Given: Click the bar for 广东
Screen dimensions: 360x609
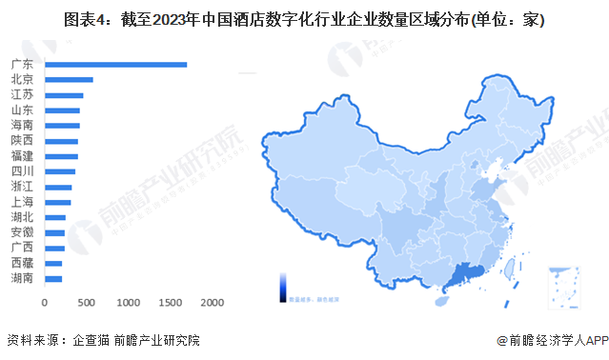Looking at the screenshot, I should tap(115, 65).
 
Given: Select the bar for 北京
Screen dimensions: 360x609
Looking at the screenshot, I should tap(69, 80).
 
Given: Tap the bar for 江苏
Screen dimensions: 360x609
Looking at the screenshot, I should tap(64, 95).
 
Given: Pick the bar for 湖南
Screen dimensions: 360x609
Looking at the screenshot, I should tap(53, 278).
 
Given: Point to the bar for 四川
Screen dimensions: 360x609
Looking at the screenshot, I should tap(60, 171).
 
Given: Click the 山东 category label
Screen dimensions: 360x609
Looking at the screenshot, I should tap(22, 110).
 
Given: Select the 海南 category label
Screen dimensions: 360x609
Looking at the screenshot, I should tap(22, 126).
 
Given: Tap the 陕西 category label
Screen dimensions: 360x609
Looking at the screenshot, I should tap(22, 141).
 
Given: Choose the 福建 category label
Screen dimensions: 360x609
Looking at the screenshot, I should tap(22, 156).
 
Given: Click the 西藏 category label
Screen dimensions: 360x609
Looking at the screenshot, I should tap(22, 263).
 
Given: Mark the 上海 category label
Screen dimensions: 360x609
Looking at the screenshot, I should tap(22, 202).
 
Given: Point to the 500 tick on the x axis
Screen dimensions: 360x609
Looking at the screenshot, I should tap(86, 302).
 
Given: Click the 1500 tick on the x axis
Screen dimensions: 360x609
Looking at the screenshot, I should tap(170, 302).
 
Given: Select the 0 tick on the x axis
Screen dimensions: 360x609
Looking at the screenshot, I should tap(45, 302).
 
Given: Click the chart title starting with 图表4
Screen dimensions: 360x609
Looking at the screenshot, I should tap(304, 20).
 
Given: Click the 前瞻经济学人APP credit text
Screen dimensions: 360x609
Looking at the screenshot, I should tap(550, 341).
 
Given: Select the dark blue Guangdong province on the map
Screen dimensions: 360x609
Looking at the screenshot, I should tap(464, 275).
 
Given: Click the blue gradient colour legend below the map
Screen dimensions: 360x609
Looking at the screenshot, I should tap(283, 287).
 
